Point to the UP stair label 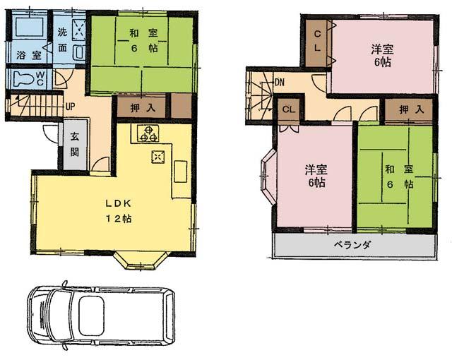[x=70, y=107]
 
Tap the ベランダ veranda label [x=352, y=245]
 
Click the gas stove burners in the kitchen [x=150, y=133]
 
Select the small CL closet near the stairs [x=288, y=109]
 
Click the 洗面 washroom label [x=64, y=41]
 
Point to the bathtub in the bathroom [x=28, y=30]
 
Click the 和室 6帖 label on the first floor [x=142, y=41]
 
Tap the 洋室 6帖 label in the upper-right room [x=382, y=55]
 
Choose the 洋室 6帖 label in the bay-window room [x=316, y=176]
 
